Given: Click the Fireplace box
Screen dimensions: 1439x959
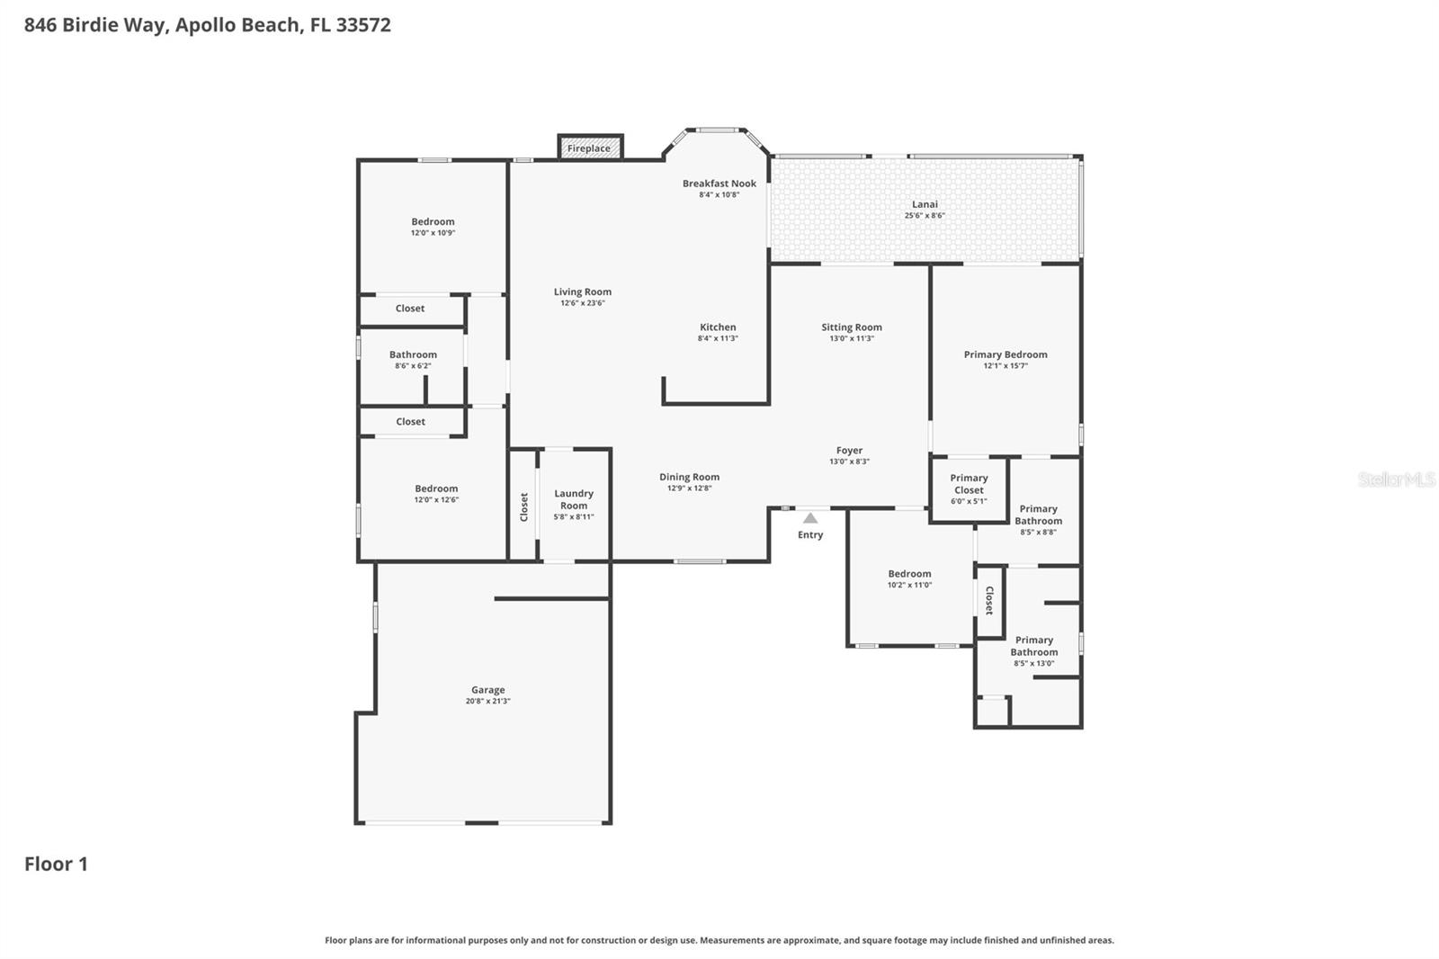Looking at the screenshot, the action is click(590, 148).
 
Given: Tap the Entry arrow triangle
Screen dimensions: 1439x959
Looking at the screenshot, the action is click(810, 518).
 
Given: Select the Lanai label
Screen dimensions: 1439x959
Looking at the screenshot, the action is click(925, 204).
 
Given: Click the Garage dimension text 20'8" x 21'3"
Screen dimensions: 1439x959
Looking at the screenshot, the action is click(487, 701).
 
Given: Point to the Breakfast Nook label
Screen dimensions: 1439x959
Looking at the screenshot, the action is click(719, 184).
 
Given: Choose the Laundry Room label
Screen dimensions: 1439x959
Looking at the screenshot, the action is click(574, 499).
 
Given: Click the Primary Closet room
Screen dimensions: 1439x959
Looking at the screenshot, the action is click(969, 489).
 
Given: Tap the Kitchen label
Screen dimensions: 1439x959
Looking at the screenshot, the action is click(718, 327).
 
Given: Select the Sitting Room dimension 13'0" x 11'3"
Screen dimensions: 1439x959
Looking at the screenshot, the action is click(851, 339).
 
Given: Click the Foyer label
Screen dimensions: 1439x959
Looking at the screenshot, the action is click(849, 451).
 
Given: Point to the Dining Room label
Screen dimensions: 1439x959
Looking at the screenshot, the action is click(689, 478).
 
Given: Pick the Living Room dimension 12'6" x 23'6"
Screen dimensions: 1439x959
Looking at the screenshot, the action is click(583, 303).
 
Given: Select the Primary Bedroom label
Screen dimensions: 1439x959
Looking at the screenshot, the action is click(1006, 354).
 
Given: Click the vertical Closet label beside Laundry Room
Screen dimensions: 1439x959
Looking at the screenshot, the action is click(524, 507).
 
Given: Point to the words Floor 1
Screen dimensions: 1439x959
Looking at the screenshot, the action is click(56, 864).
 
